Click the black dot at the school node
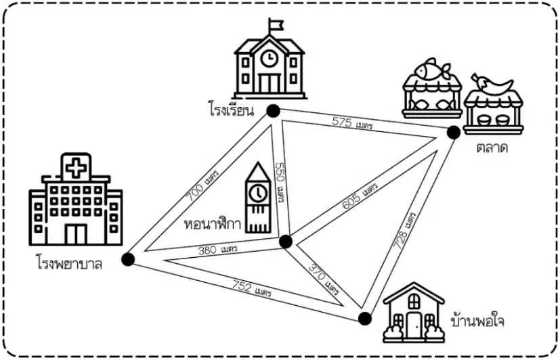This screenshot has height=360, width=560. tap(273, 111)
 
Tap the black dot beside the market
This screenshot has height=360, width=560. tap(454, 133)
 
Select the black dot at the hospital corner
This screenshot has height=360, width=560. tap(128, 259)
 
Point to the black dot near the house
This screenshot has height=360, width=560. tap(364, 318)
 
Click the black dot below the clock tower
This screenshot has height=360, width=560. tap(286, 242)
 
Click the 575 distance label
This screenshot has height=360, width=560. tap(352, 123)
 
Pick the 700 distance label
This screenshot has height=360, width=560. tap(202, 185)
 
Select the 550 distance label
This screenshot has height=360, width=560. tap(280, 182)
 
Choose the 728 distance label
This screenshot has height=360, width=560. tap(404, 231)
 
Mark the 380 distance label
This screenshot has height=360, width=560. tap(217, 250)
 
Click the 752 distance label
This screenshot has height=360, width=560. tap(252, 289)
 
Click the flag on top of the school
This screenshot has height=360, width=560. tap(276, 25)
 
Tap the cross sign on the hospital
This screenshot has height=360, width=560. tap(76, 168)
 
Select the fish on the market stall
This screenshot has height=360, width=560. tap(431, 69)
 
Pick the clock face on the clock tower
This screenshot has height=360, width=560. tap(258, 193)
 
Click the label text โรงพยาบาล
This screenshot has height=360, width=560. tap(69, 263)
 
